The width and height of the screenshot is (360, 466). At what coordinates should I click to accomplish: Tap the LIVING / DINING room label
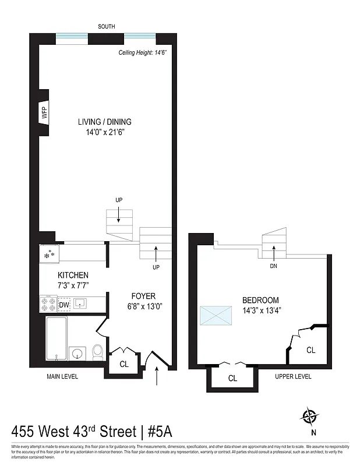(x=105, y=122)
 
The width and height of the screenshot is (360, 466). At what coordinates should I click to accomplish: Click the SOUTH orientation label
(x=107, y=26)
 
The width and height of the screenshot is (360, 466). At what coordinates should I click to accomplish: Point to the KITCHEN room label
(x=73, y=275)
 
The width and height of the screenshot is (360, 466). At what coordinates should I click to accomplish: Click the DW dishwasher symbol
(x=64, y=304)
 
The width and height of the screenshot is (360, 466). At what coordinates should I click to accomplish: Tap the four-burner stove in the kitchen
(x=48, y=304)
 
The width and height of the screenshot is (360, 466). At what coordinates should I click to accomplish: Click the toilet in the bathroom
(x=98, y=352)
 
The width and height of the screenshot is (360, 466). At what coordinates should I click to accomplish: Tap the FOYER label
(x=143, y=296)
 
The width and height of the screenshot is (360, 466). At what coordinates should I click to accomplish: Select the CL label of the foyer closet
(x=123, y=363)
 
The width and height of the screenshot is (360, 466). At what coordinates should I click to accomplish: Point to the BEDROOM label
(x=260, y=300)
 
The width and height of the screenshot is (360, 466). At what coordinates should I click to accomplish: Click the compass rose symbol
(x=310, y=416)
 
